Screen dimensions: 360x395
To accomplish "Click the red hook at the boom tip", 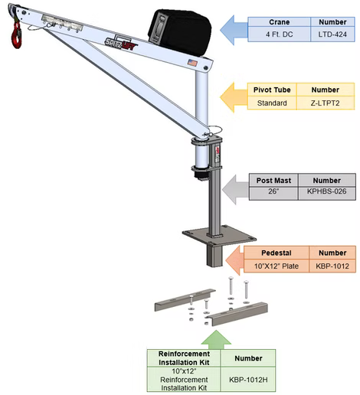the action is tap(17, 35).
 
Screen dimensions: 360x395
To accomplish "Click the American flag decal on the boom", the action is tap(192, 63).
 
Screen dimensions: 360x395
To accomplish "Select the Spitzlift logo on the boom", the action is tap(121, 44).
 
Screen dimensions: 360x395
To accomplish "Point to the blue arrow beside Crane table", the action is tap(234, 30).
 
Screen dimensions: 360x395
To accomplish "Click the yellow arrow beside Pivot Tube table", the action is tap(234, 97).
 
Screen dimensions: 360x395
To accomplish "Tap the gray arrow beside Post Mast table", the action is tap(235, 189).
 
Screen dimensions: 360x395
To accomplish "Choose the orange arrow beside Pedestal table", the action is tap(235, 260).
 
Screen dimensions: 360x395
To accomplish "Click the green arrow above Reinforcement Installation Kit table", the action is tap(216, 340).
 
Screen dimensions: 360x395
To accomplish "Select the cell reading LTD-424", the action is tap(332, 34).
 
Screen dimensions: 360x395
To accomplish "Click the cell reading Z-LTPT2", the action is tap(326, 103).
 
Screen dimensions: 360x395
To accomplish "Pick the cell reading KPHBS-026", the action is tap(327, 191).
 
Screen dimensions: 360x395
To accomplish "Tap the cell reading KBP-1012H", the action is tap(248, 380).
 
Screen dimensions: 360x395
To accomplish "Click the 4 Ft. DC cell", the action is tap(280, 34).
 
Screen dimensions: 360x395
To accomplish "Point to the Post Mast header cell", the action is tap(273, 181).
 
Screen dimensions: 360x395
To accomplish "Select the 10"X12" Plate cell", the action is tap(277, 266).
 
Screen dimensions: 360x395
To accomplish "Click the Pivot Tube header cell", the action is tap(272, 90).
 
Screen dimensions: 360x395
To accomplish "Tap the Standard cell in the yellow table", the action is tap(272, 103).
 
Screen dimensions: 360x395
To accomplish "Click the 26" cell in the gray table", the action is tap(273, 191).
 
